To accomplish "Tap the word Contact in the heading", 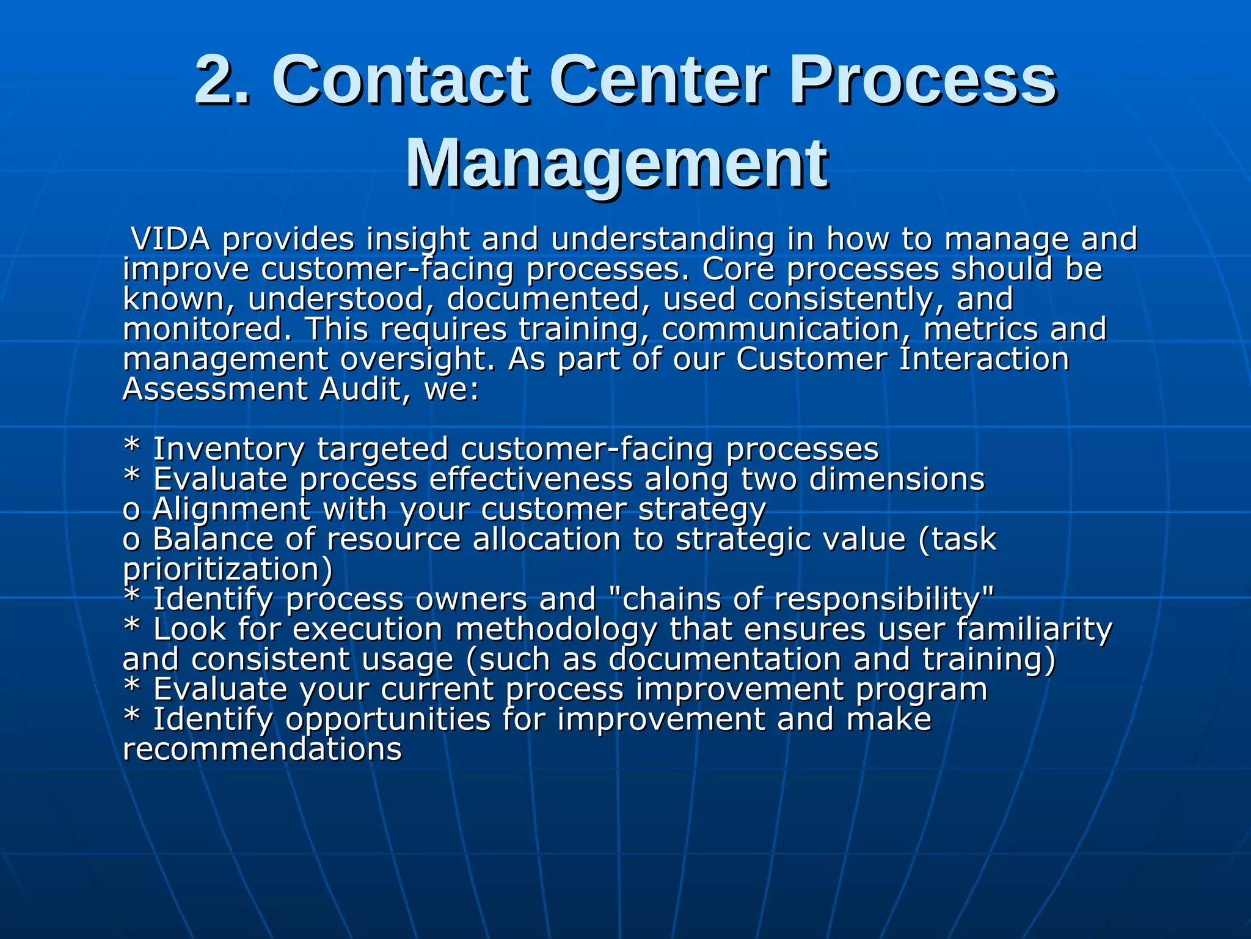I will pyautogui.click(x=400, y=80).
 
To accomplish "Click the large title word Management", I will pyautogui.click(x=617, y=164).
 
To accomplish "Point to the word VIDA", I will pyautogui.click(x=171, y=239).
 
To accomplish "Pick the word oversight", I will pyautogui.click(x=417, y=359).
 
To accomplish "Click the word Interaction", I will pyautogui.click(x=984, y=359).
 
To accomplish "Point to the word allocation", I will pyautogui.click(x=547, y=539).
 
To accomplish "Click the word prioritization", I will pyautogui.click(x=228, y=569).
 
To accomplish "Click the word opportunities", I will pyautogui.click(x=388, y=719).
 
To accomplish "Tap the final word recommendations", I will pyautogui.click(x=262, y=749).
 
